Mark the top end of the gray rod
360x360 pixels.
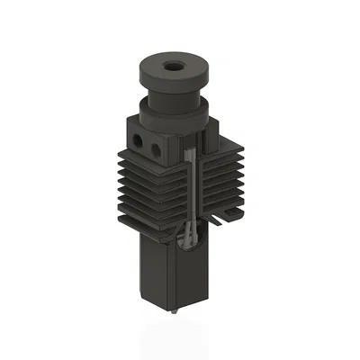click(190, 155)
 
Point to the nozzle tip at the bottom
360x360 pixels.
click(172, 311)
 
